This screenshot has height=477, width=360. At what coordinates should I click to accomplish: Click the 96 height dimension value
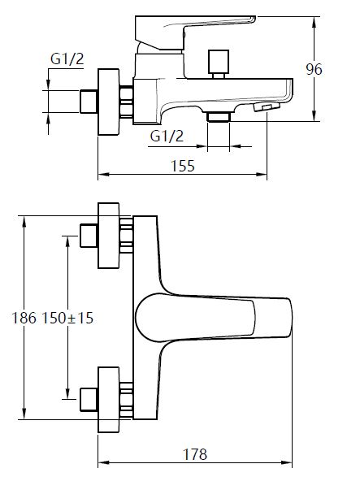tap(314, 69)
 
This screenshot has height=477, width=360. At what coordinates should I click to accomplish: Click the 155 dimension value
tap(182, 166)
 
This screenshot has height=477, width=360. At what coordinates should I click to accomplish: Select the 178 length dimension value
tap(195, 454)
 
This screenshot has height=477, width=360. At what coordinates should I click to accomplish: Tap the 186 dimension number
tap(24, 319)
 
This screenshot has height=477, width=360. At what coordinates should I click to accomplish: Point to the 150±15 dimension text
tap(67, 319)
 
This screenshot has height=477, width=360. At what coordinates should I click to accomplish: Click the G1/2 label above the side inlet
tap(67, 59)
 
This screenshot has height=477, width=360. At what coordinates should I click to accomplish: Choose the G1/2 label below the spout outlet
tap(167, 136)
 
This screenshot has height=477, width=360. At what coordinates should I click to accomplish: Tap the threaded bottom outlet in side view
tap(218, 117)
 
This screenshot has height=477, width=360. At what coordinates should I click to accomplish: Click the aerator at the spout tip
tap(267, 106)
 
